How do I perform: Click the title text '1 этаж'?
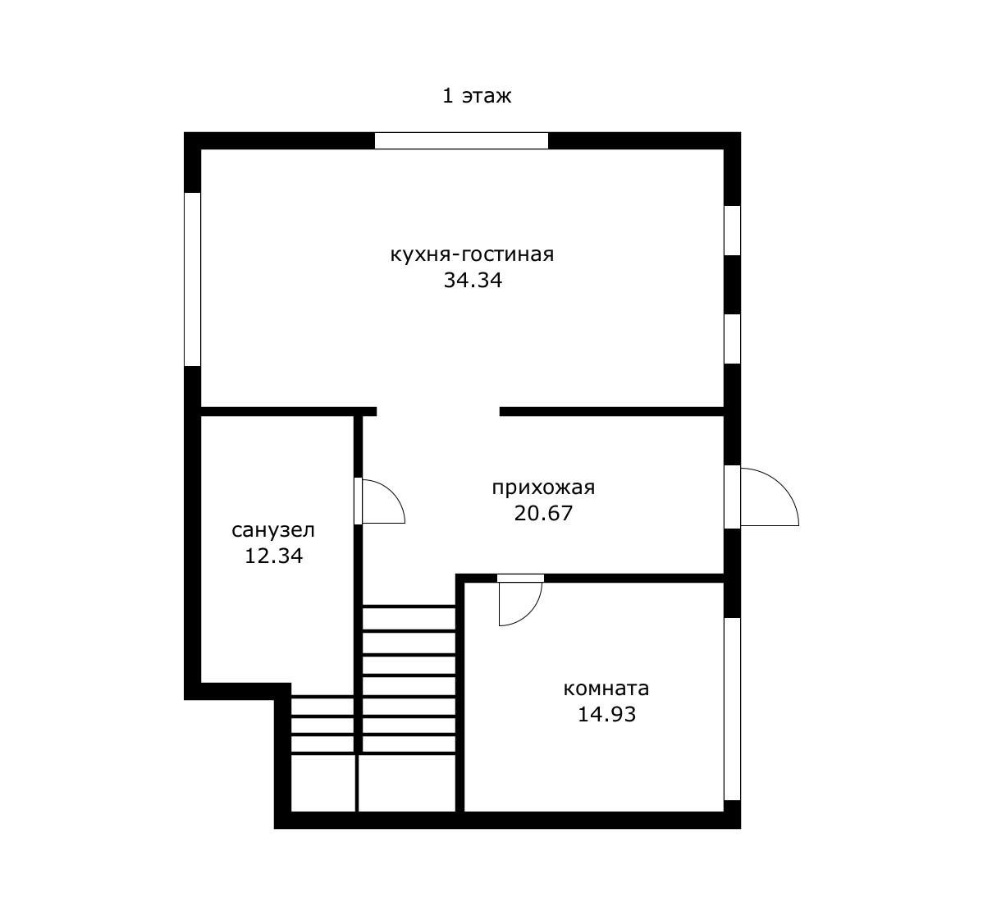[x=477, y=96]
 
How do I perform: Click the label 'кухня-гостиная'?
[x=472, y=255]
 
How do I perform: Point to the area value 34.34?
[x=473, y=280]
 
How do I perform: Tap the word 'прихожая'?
[x=543, y=488]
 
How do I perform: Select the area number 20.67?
[x=543, y=514]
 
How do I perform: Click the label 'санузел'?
[x=273, y=531]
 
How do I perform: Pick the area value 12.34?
[x=273, y=556]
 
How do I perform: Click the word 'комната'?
[x=606, y=689]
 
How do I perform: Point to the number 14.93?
[x=606, y=714]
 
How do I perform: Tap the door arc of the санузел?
[x=392, y=492]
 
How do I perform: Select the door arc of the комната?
[x=530, y=613]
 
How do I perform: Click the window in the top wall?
[x=461, y=140]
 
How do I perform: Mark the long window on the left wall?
[x=193, y=279]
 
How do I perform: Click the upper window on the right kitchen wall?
[x=732, y=230]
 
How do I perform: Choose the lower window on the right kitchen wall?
[x=732, y=339]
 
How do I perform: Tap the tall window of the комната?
[x=732, y=709]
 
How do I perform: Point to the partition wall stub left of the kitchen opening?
[x=288, y=412]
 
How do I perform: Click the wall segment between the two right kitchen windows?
[x=732, y=285]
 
